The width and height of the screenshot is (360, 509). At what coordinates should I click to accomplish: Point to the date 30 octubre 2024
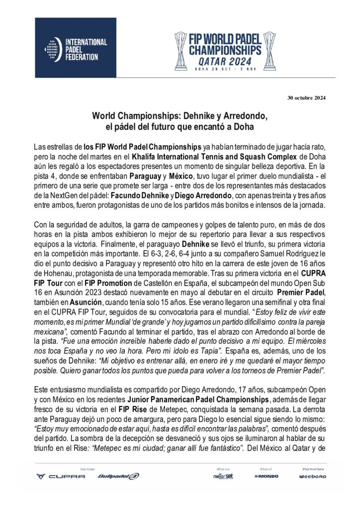[x=306, y=97]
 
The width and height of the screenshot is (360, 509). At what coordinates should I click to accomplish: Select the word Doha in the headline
[x=244, y=127]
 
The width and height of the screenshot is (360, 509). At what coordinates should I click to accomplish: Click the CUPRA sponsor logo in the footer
[x=61, y=476]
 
